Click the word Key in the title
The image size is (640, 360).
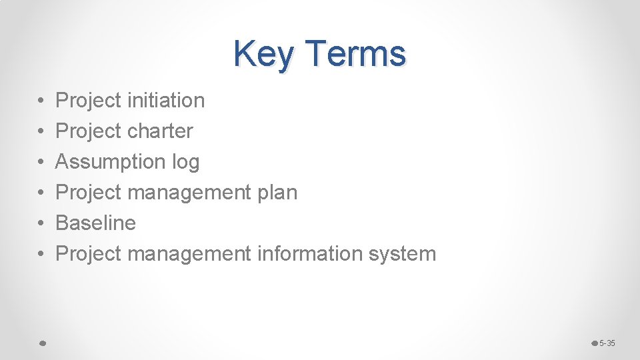click(263, 54)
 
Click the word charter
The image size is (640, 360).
click(160, 131)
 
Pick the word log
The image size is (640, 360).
click(185, 162)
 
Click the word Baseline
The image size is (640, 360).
click(95, 223)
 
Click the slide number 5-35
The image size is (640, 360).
click(607, 343)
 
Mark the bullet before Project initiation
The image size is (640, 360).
click(41, 101)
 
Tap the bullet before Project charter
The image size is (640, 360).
click(41, 132)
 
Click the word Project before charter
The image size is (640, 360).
click(88, 131)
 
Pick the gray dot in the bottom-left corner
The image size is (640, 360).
click(41, 343)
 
